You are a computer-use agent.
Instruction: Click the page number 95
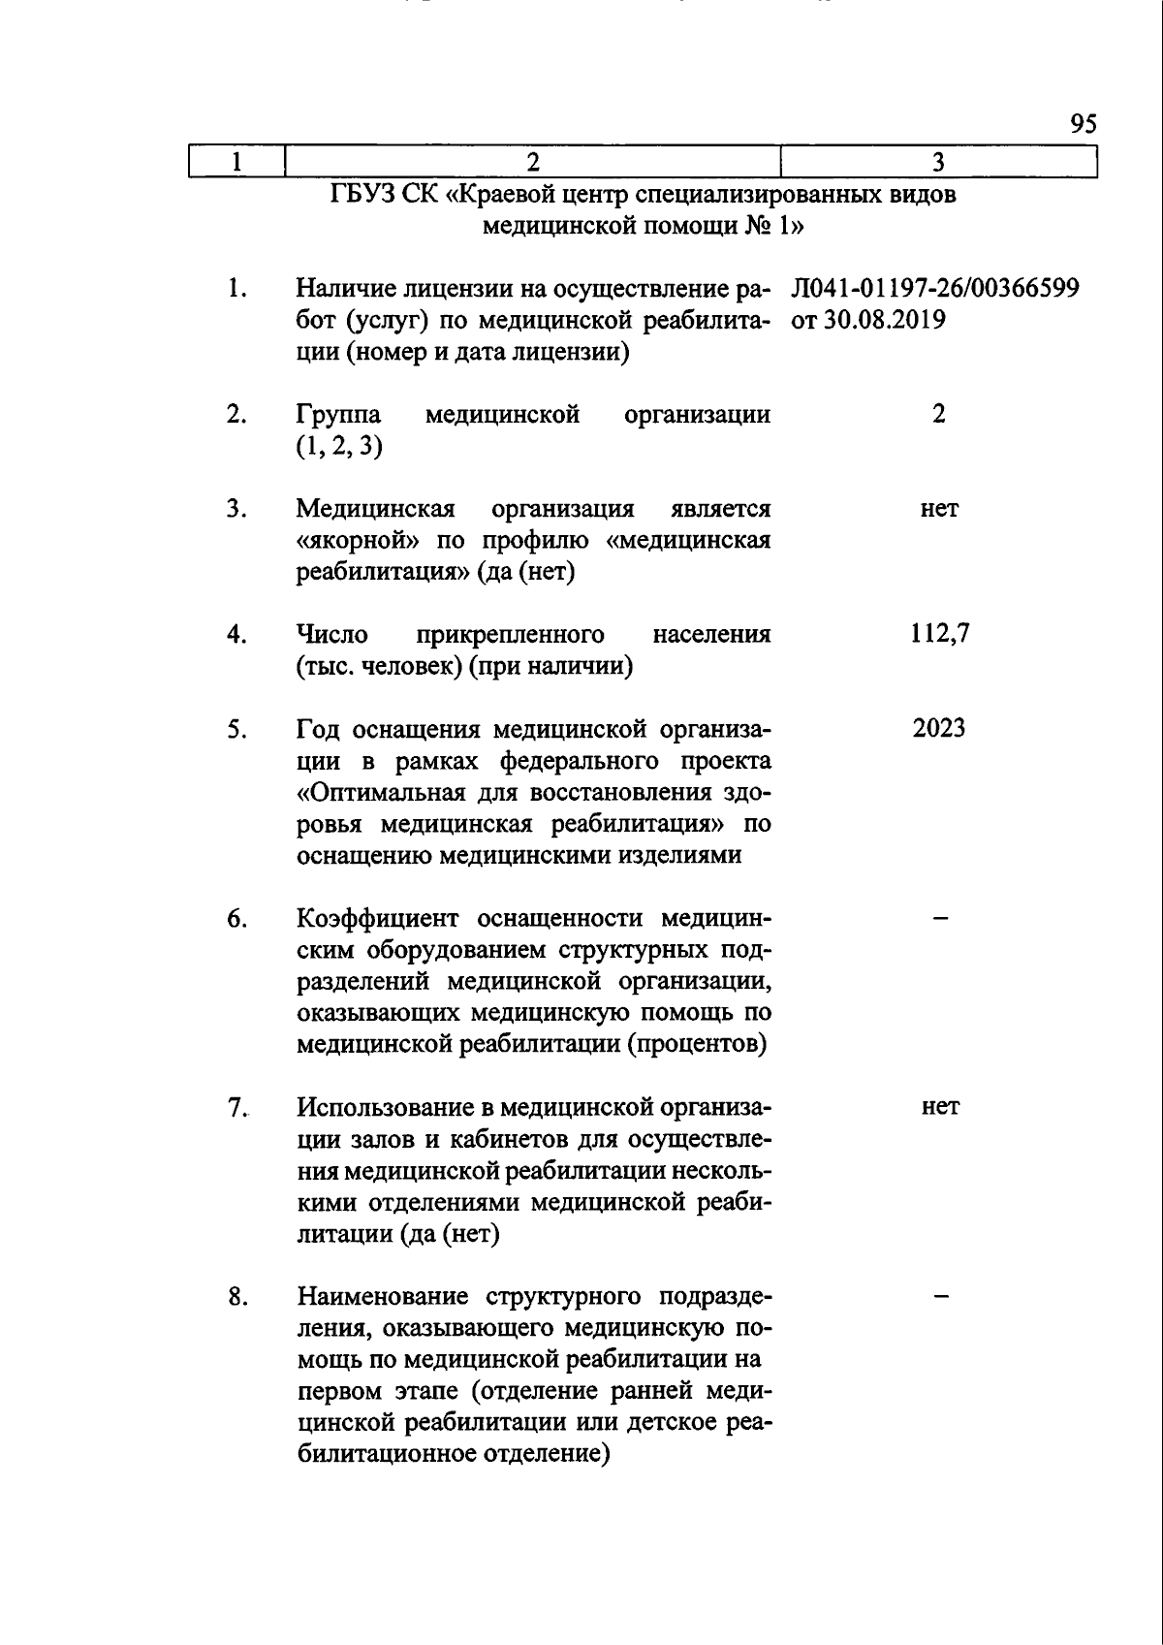[x=1084, y=124]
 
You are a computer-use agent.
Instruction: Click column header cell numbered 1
[x=236, y=162]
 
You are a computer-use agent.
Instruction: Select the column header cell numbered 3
[x=938, y=162]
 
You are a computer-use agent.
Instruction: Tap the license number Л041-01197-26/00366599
[x=935, y=289]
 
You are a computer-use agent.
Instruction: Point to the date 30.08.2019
[x=884, y=320]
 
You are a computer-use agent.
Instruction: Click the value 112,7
[x=939, y=634]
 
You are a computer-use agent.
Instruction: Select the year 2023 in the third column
[x=938, y=728]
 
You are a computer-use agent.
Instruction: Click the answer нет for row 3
[x=939, y=509]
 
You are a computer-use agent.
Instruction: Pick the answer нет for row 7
[x=939, y=1107]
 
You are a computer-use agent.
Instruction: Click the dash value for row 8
[x=939, y=1296]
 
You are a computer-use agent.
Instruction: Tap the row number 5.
[x=236, y=729]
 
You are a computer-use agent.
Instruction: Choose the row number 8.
[x=236, y=1296]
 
